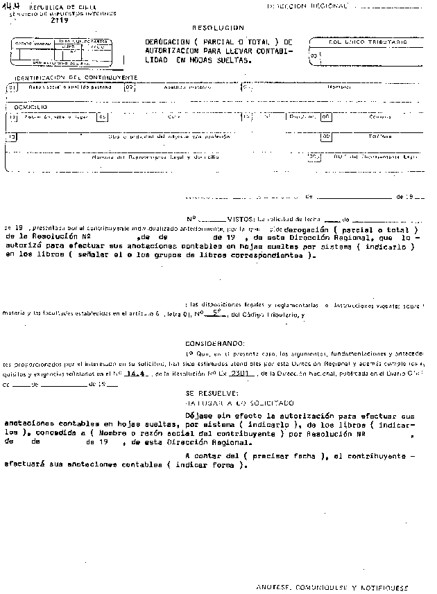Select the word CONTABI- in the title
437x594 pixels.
coord(271,51)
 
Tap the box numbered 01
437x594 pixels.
coord(11,88)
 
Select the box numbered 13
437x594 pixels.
coord(11,137)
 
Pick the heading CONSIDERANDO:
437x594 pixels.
coord(215,343)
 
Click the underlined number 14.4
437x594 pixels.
coord(126,373)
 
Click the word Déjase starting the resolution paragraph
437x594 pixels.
coord(200,416)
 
